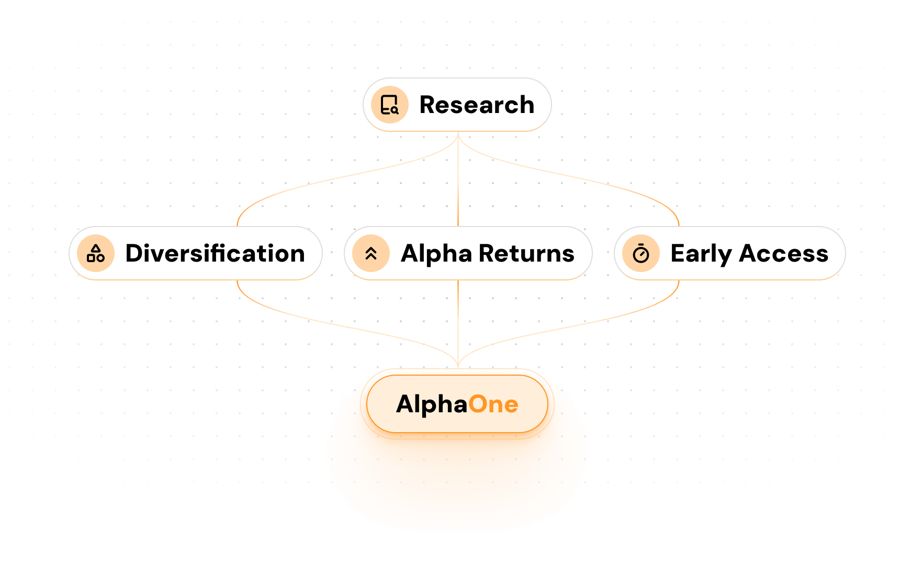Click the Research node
457,105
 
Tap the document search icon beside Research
389,105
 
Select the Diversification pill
195,253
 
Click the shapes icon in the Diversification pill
96,253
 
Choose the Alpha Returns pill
468,253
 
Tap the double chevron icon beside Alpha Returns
371,253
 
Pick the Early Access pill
729,253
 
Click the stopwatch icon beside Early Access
641,253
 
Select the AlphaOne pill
457,404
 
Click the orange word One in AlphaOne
493,404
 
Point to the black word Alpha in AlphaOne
431,404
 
